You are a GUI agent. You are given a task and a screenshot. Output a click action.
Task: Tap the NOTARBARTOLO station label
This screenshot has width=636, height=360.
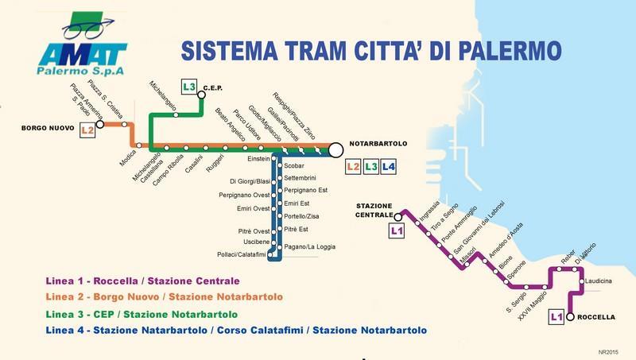tap(378, 143)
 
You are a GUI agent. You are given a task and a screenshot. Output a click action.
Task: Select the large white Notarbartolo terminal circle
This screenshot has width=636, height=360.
tap(335, 149)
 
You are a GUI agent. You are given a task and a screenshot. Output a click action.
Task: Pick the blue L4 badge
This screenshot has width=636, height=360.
tap(388, 167)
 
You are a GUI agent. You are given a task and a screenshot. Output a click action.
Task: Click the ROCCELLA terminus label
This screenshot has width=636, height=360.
tap(597, 316)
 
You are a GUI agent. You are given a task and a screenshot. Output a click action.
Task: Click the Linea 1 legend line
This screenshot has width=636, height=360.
tap(142, 281)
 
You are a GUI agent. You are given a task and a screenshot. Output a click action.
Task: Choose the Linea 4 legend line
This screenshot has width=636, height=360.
tap(236, 329)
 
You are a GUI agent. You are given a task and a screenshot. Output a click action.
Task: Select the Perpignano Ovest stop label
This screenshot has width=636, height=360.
tap(245, 195)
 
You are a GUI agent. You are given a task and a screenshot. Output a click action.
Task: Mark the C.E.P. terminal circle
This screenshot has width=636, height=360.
tap(201, 95)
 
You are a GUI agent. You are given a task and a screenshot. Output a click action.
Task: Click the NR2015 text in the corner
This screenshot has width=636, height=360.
tap(609, 350)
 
